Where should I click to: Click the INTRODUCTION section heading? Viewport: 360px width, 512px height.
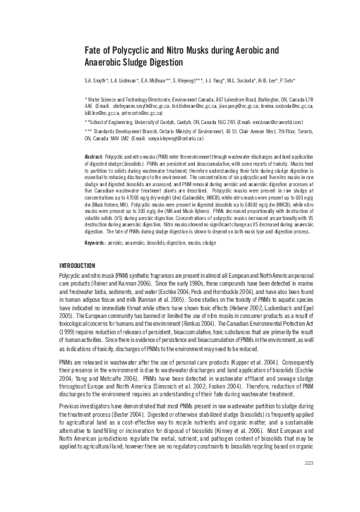79,264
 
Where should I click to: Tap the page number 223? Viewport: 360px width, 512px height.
307,501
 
